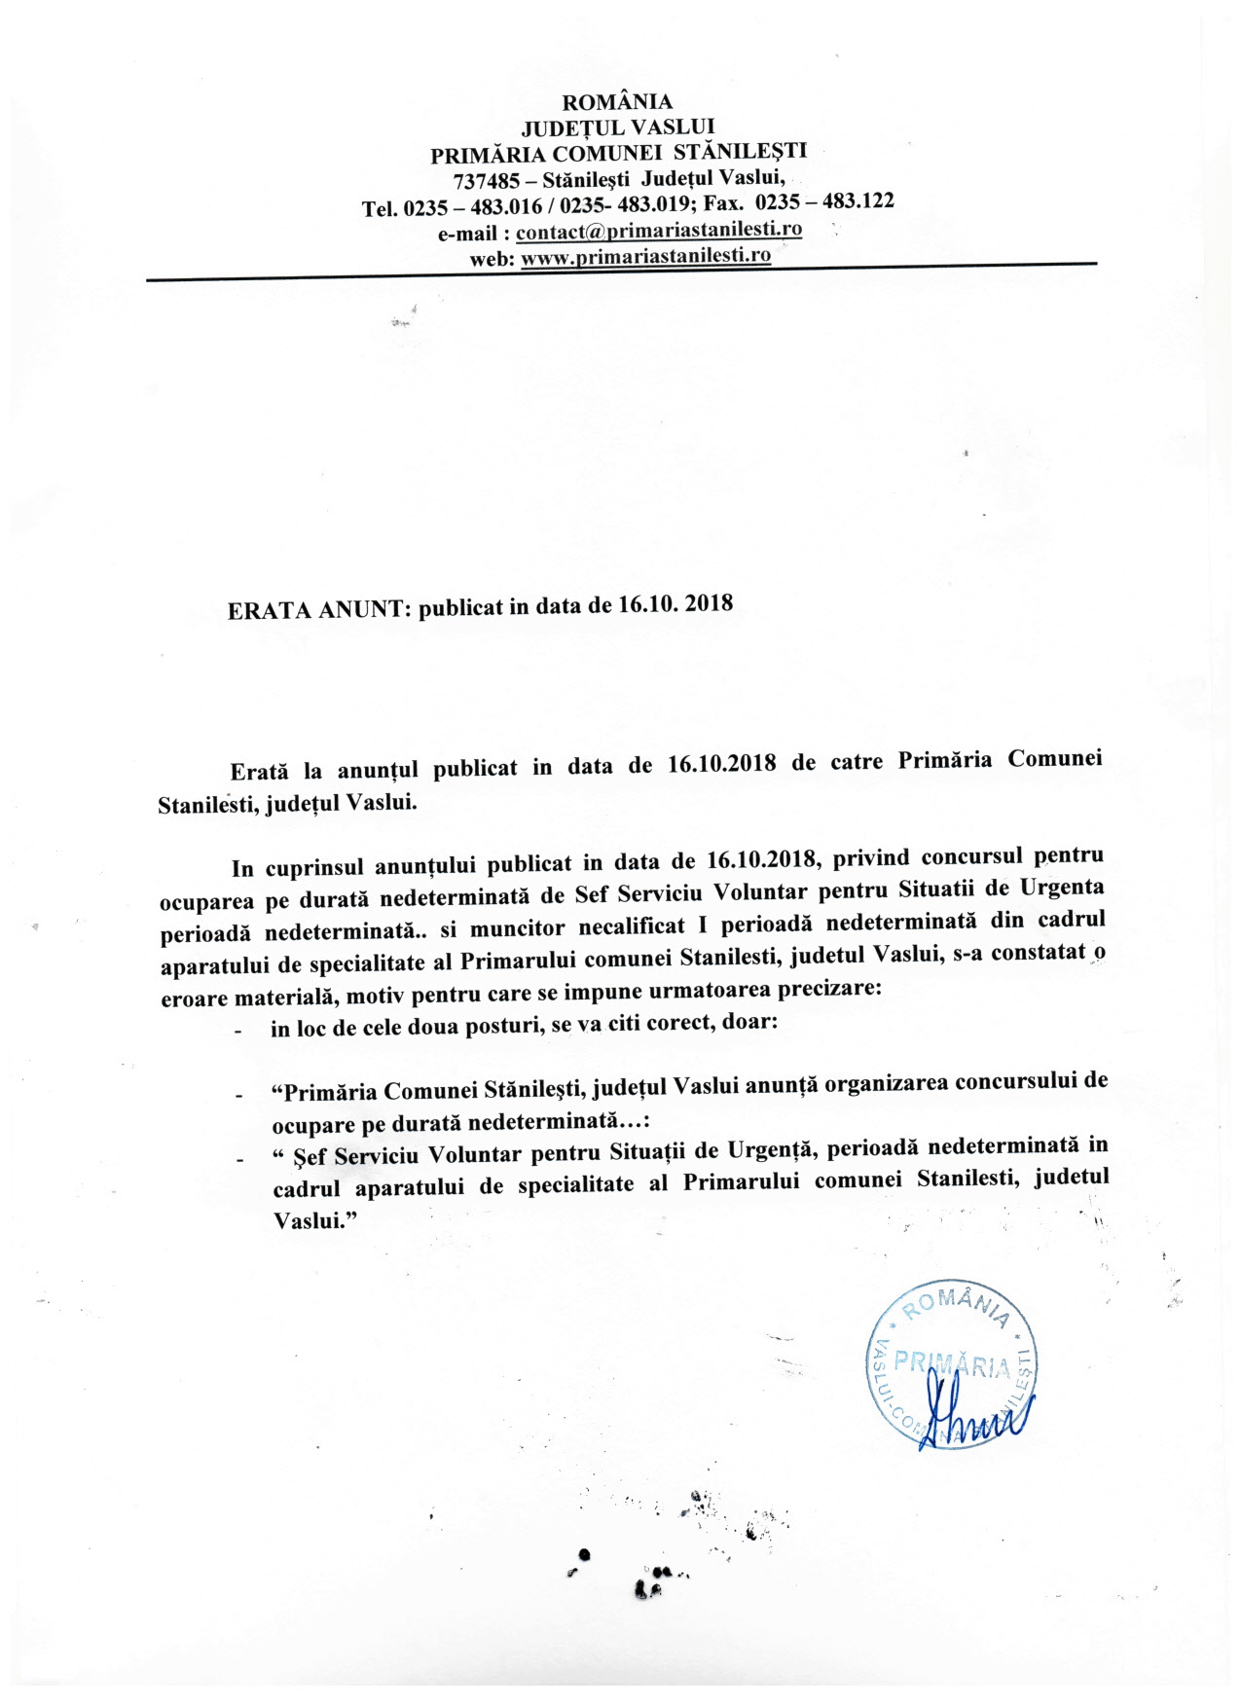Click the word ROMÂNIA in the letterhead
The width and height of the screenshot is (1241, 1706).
coord(617,102)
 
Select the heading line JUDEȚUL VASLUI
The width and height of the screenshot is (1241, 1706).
coord(618,127)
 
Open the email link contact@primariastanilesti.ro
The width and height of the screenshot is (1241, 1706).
coord(659,231)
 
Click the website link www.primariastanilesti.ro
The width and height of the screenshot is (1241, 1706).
coord(646,256)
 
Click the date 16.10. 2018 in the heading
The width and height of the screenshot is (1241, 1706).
coord(675,603)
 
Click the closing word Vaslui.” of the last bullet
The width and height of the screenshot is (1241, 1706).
coord(311,1220)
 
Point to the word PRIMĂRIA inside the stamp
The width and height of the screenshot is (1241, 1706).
coord(952,1364)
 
